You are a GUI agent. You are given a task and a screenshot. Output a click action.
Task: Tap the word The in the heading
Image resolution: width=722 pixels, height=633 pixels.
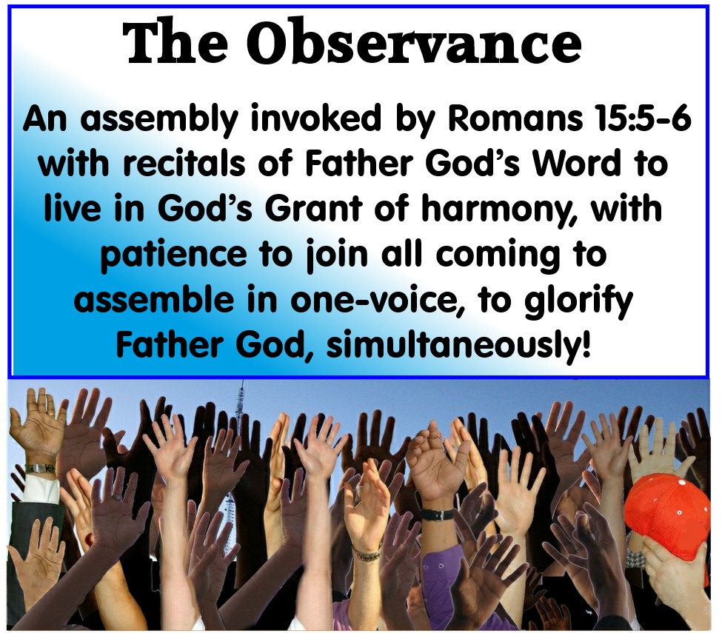pyautogui.click(x=175, y=42)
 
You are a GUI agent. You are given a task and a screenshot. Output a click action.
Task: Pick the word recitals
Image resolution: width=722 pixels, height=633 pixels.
pyautogui.click(x=184, y=164)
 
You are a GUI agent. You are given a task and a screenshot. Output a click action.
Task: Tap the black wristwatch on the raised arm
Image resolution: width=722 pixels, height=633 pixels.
pyautogui.click(x=436, y=514)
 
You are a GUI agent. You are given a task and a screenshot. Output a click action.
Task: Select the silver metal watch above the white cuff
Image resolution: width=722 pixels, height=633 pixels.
pyautogui.click(x=39, y=469)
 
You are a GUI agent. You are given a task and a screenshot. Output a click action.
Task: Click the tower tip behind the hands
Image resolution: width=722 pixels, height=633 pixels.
pyautogui.click(x=241, y=382)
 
